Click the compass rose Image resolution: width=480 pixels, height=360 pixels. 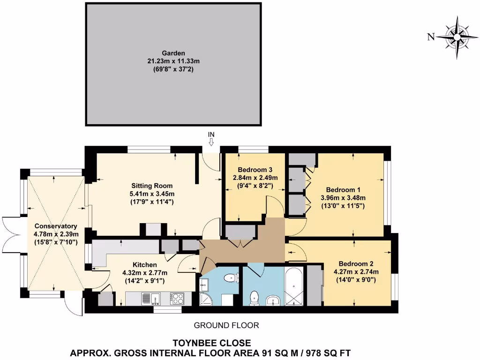tap(457, 37)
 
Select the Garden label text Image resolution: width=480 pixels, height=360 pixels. tap(173, 53)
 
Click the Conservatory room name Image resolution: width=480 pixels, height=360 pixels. tap(56, 225)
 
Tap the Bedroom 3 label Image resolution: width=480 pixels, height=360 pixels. tap(255, 170)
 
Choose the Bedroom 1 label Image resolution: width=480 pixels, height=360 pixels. tap(343, 190)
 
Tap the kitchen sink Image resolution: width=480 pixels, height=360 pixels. tap(150, 299)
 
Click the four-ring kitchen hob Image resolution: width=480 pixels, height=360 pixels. tap(177, 299)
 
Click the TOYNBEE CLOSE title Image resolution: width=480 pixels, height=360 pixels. tap(212, 343)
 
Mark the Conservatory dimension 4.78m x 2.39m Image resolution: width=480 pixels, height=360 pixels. tap(56, 234)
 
